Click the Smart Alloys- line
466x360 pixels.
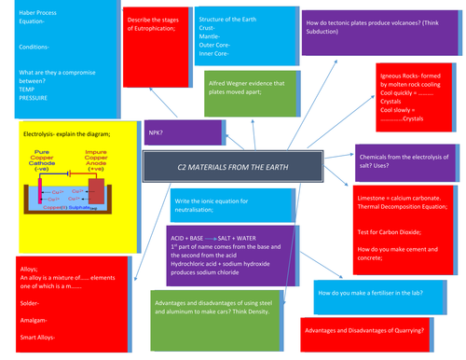coord(40,336)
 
